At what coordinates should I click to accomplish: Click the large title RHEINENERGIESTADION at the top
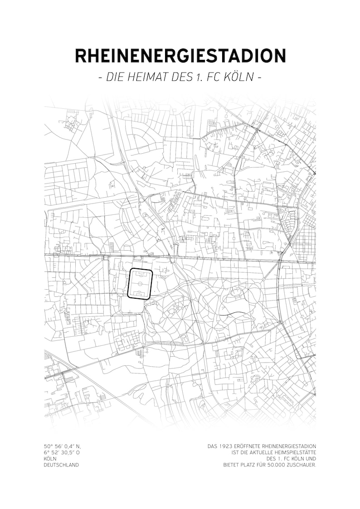(180, 55)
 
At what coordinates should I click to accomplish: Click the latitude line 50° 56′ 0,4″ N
(62, 446)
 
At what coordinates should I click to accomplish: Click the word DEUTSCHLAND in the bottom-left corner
(61, 465)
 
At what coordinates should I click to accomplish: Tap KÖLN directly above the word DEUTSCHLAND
(50, 458)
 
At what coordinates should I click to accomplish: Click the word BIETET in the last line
(232, 465)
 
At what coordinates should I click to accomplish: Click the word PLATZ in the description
(252, 465)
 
